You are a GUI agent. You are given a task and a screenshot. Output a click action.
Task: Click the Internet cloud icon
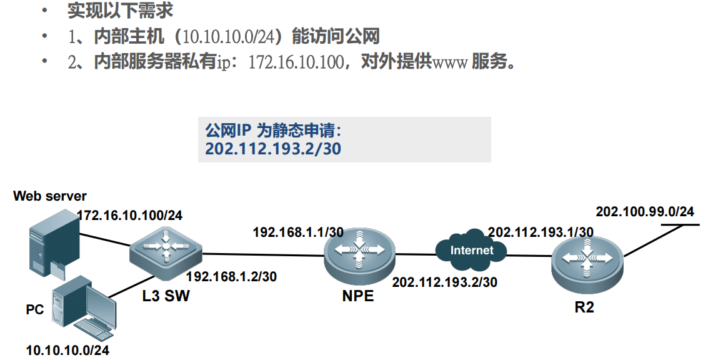coord(472,251)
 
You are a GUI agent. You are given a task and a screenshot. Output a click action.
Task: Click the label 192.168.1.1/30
coord(298,232)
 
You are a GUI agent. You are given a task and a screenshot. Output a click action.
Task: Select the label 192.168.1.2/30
coord(232,276)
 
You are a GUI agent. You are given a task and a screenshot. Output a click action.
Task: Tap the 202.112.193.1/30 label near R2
coord(541,232)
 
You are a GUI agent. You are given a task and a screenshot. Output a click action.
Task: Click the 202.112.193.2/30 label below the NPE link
coord(444,282)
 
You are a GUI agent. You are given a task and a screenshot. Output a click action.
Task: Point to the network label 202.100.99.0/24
coord(645,212)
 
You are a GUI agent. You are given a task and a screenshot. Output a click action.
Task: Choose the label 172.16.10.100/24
coord(129,216)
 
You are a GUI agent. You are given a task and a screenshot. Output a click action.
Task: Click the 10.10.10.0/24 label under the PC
coord(67,350)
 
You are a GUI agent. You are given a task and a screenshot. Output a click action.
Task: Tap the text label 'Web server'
coord(50,196)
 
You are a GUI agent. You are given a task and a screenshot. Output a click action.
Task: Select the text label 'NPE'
coord(358,295)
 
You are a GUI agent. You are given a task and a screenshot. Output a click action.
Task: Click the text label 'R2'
coord(587,307)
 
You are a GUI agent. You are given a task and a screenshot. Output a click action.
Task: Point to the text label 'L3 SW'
coord(166,296)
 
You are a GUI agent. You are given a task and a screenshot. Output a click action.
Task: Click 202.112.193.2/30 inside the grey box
coord(273,149)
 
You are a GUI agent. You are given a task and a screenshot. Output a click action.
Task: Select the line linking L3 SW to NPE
coord(262,254)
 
